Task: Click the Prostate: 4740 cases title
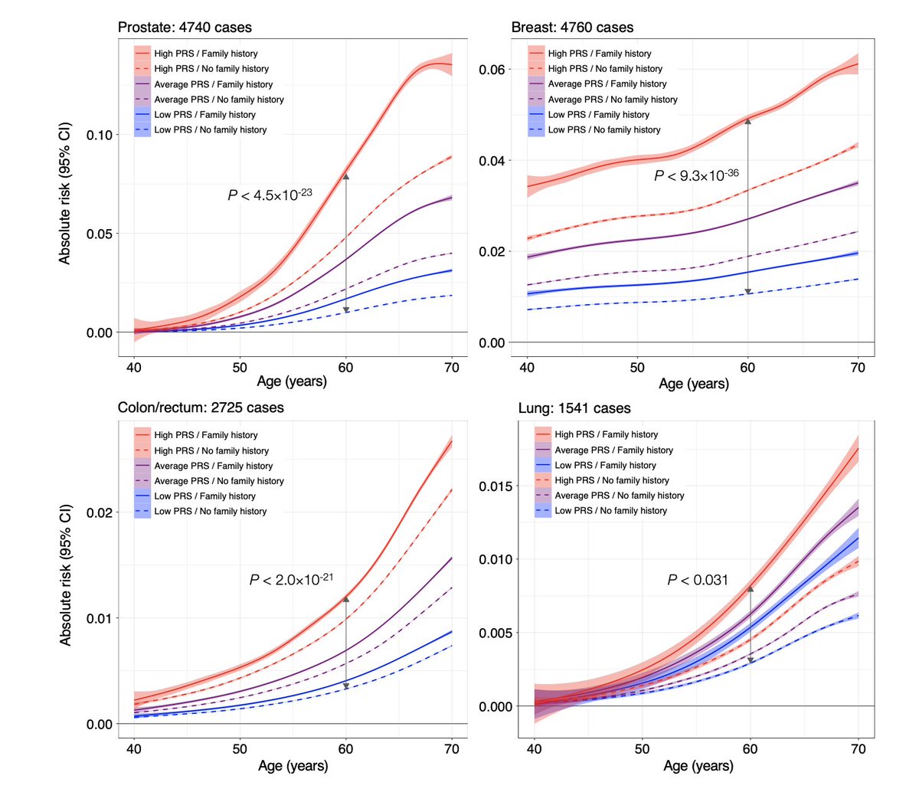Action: tap(185, 28)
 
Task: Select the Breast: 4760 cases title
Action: tap(572, 28)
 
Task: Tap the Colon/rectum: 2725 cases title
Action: tap(201, 408)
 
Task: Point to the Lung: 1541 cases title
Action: tap(574, 408)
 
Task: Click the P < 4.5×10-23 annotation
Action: tap(270, 195)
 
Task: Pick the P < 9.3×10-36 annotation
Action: tap(696, 176)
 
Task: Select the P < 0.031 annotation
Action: tap(698, 580)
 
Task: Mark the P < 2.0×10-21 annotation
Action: tap(291, 580)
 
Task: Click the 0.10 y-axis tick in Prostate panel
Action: tap(99, 136)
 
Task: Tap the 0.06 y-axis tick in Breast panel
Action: tap(492, 70)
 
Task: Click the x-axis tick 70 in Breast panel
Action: tap(858, 368)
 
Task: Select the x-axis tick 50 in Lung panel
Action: tap(642, 749)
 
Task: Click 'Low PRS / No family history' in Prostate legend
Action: tap(211, 130)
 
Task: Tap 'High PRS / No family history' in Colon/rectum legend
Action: tap(211, 451)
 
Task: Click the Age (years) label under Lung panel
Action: tap(698, 766)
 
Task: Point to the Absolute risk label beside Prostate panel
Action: tap(65, 193)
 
